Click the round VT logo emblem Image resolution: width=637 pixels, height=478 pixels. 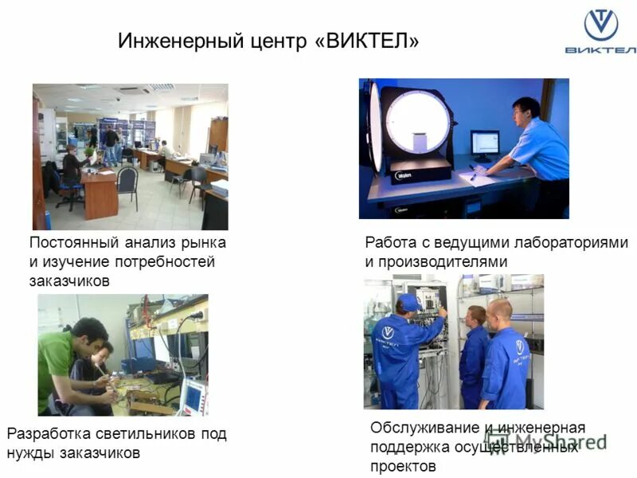click(600, 25)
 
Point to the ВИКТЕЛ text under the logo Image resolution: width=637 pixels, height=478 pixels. click(600, 50)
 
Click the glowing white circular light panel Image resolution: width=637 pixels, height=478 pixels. click(417, 122)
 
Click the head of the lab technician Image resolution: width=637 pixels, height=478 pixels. click(525, 108)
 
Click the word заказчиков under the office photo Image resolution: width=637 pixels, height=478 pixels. click(68, 280)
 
